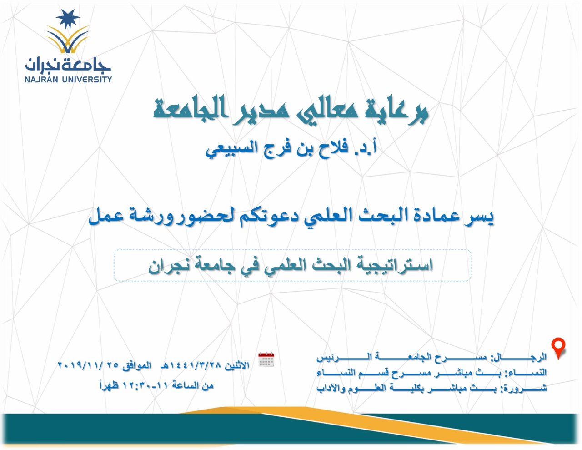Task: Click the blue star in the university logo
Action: (68, 19)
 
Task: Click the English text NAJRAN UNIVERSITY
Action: (68, 79)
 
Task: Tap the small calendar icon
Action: (266, 359)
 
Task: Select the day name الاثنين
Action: (237, 365)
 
